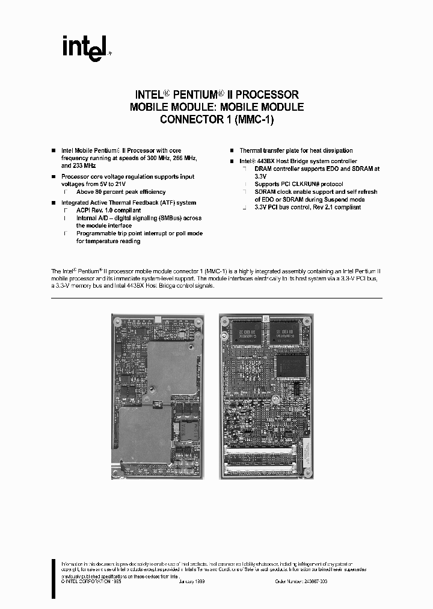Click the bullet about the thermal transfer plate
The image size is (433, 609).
(296, 150)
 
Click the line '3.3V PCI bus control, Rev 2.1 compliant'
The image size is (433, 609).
(307, 207)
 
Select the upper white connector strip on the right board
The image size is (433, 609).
(260, 450)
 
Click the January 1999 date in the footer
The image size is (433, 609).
(194, 581)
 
